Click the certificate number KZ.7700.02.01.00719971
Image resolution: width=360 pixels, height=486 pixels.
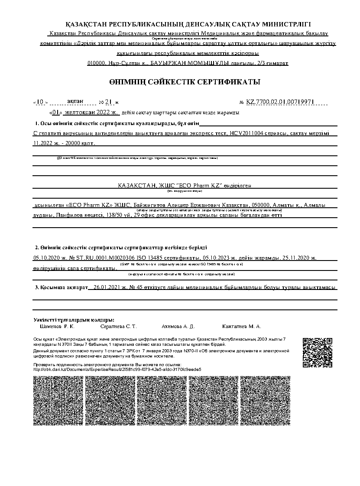coord(280,102)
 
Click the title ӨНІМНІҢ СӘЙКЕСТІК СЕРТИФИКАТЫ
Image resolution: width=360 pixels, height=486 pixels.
coord(185,82)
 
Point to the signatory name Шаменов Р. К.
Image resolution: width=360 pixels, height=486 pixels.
coord(57,326)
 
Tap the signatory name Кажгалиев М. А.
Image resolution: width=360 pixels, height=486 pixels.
coord(241,326)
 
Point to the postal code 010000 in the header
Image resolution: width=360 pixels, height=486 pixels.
coord(96,63)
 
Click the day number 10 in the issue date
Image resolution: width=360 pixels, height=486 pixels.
coord(40,102)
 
